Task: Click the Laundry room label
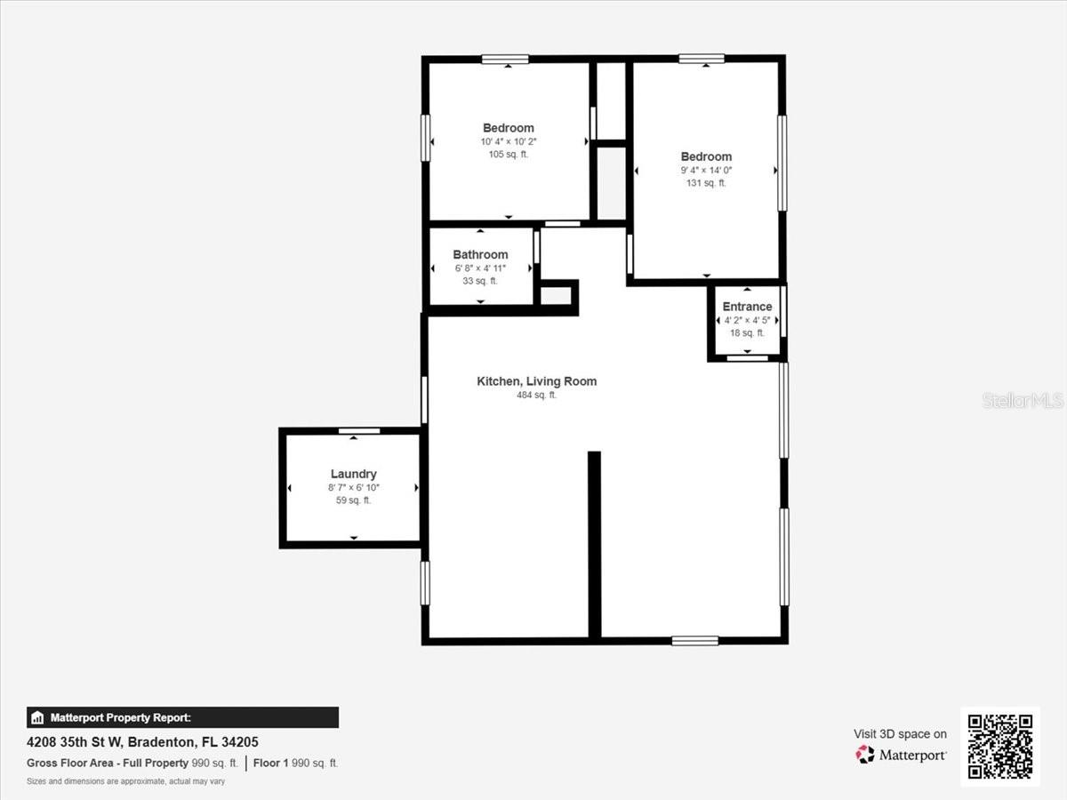coord(353,475)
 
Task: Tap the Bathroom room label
coord(480,255)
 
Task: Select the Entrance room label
coord(747,307)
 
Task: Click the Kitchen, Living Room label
coord(536,381)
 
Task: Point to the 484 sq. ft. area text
coord(536,396)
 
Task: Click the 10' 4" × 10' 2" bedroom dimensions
coord(508,141)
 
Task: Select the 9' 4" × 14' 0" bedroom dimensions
coord(706,171)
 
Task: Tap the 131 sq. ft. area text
coord(706,183)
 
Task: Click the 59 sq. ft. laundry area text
coord(353,500)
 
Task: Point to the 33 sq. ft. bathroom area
coord(480,281)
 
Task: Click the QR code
coord(999,747)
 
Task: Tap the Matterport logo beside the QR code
coord(901,755)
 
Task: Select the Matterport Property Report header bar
coord(182,717)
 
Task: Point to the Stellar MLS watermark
coord(1023,401)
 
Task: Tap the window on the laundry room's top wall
coord(359,431)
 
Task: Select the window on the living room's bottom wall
coord(694,640)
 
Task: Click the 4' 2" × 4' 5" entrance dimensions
coord(747,320)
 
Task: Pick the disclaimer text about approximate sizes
coord(125,782)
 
